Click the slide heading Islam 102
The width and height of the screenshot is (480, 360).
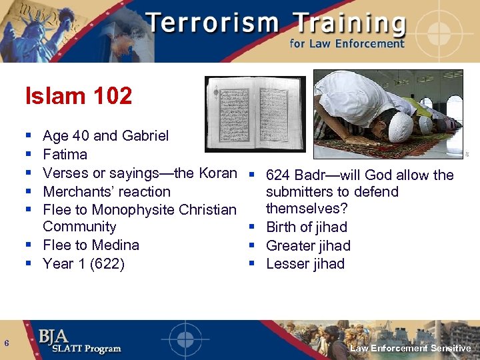[x=79, y=96]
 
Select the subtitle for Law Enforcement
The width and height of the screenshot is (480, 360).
[x=347, y=44]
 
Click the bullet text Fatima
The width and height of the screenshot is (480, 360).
[x=65, y=155]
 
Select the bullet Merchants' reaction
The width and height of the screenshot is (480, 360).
[x=107, y=192]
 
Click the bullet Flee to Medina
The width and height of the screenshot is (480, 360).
[x=91, y=245]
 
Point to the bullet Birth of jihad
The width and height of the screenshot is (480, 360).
[x=306, y=227]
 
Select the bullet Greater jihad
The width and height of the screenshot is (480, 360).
[x=308, y=245]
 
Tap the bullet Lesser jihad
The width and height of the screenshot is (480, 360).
[x=305, y=264]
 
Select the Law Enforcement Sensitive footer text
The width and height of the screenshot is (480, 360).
[x=410, y=349]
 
